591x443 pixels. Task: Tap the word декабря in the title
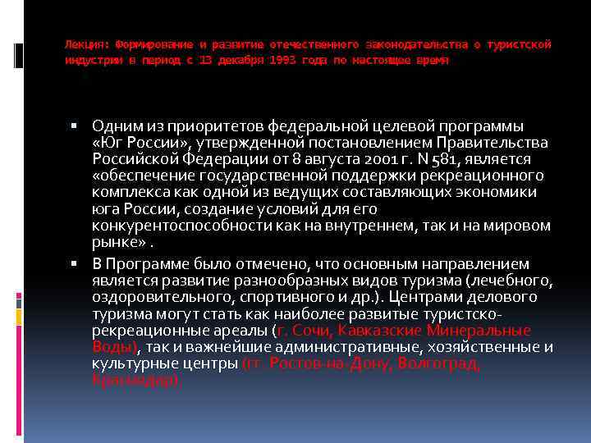(222, 62)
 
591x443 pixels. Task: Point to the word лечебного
(516, 281)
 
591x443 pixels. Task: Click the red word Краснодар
(134, 381)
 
